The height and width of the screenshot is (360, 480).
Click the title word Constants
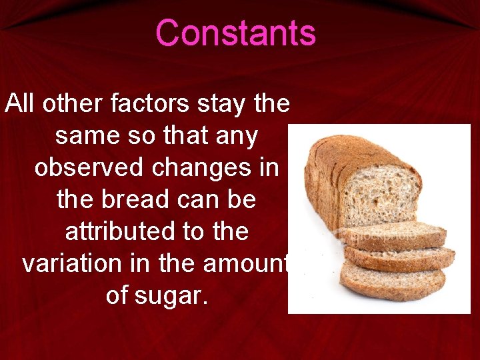[x=235, y=33]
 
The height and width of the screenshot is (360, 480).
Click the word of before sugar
[x=119, y=295]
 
